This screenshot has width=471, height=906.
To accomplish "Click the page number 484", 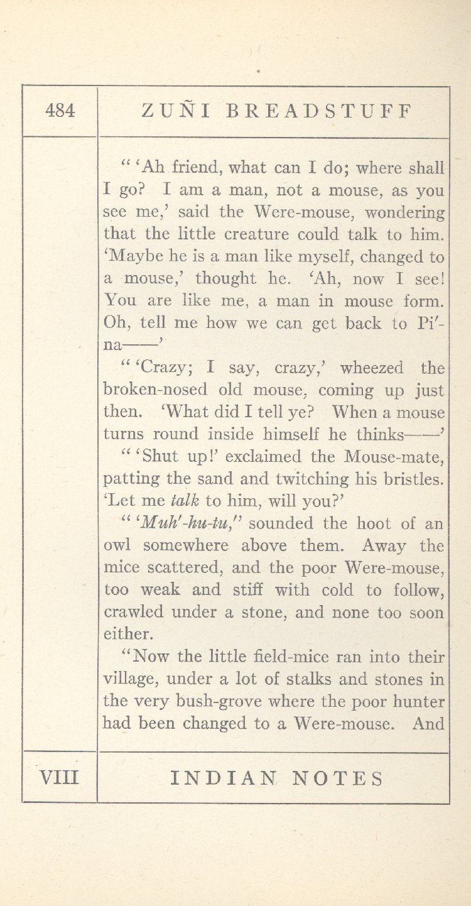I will click(60, 111).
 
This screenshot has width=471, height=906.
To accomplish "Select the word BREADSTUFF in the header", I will click(319, 111).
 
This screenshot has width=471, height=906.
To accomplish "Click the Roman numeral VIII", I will click(60, 778).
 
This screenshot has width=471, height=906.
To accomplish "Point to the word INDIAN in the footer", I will click(223, 779).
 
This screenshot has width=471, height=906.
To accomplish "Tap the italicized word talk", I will click(183, 501).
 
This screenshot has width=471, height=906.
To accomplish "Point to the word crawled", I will click(134, 613).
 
